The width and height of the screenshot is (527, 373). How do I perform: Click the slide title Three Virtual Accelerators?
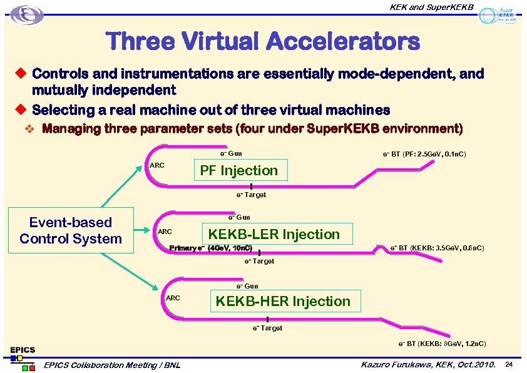click(263, 42)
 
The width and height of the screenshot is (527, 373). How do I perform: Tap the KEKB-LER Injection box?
click(274, 234)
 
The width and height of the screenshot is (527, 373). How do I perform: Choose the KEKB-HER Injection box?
click(283, 301)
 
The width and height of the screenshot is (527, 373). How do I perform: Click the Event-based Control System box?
click(71, 230)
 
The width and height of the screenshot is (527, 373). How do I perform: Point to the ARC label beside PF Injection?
click(157, 165)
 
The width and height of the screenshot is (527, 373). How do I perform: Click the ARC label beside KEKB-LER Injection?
click(165, 232)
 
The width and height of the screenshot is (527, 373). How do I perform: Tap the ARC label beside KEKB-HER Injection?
click(173, 298)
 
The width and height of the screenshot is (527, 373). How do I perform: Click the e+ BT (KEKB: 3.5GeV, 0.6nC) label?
click(437, 248)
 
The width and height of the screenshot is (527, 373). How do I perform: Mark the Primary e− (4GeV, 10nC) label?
click(211, 248)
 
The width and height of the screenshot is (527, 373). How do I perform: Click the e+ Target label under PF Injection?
click(251, 195)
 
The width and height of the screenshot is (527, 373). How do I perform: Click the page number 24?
click(509, 364)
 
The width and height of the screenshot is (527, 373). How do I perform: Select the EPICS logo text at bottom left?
click(22, 349)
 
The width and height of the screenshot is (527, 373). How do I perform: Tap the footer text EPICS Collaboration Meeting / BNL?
click(111, 365)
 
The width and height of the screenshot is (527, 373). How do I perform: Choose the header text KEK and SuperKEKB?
click(432, 7)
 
